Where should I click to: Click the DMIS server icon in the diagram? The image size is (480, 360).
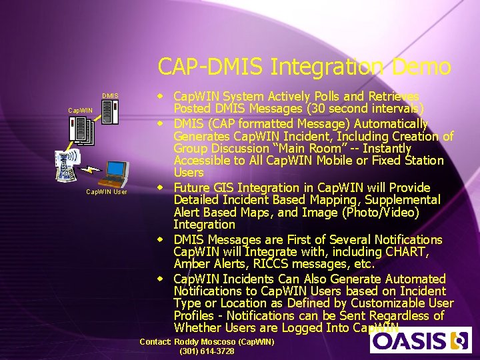pyautogui.click(x=110, y=112)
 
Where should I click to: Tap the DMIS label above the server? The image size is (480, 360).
pyautogui.click(x=110, y=96)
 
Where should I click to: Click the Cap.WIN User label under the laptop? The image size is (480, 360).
pyautogui.click(x=107, y=192)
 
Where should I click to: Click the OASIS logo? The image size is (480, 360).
pyautogui.click(x=421, y=340)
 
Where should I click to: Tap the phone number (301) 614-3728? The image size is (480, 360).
pyautogui.click(x=207, y=351)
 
